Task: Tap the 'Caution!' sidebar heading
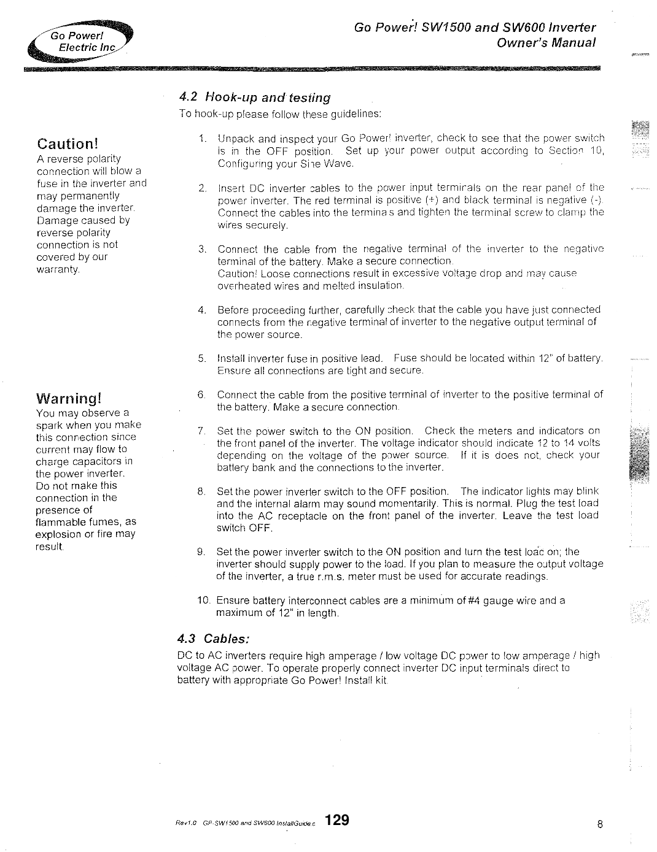point(68,144)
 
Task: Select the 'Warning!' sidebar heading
point(68,399)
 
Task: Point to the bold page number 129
point(337,820)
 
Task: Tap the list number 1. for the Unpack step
point(203,138)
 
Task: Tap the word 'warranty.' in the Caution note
point(58,269)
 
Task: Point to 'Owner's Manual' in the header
point(546,43)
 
